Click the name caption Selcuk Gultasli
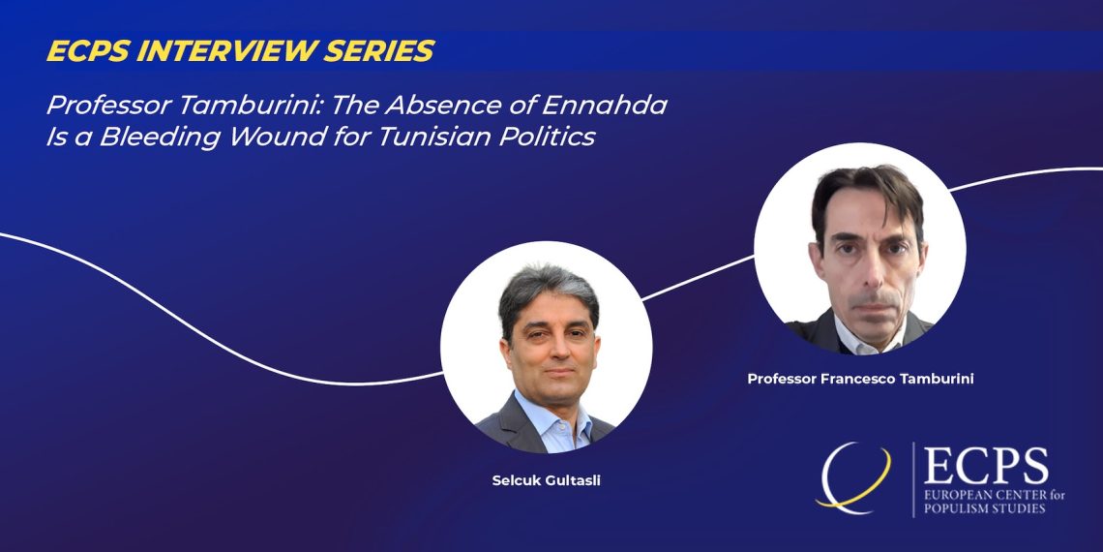point(546,482)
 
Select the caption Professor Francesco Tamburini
point(860,379)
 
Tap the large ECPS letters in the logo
point(986,466)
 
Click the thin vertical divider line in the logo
point(913,479)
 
